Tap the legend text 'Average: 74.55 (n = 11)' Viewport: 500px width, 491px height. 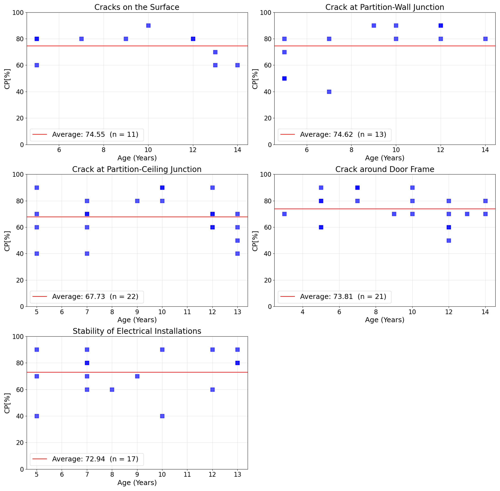click(95, 135)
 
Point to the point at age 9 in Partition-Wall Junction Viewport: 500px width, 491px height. click(374, 26)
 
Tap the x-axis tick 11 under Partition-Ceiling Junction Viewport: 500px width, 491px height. click(187, 312)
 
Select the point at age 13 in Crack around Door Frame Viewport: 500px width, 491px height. click(467, 214)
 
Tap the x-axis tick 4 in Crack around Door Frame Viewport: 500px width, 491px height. click(302, 312)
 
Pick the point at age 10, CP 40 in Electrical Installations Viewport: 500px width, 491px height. click(162, 416)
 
